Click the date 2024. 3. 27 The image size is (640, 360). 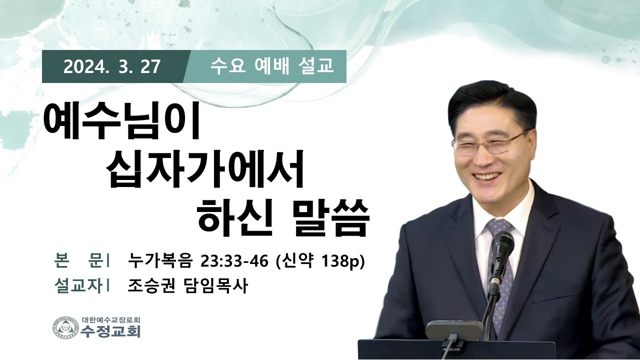111,67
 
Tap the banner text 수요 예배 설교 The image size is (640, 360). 271,66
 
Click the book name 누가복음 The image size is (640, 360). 159,260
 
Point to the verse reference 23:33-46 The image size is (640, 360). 234,261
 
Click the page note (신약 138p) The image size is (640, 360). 320,261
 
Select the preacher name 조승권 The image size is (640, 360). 151,286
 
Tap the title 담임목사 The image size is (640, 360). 214,286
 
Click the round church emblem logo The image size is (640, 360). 65,329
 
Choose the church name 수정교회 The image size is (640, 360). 110,331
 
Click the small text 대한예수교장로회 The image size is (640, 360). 111,319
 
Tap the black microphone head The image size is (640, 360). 502,248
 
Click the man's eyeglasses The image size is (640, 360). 488,143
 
